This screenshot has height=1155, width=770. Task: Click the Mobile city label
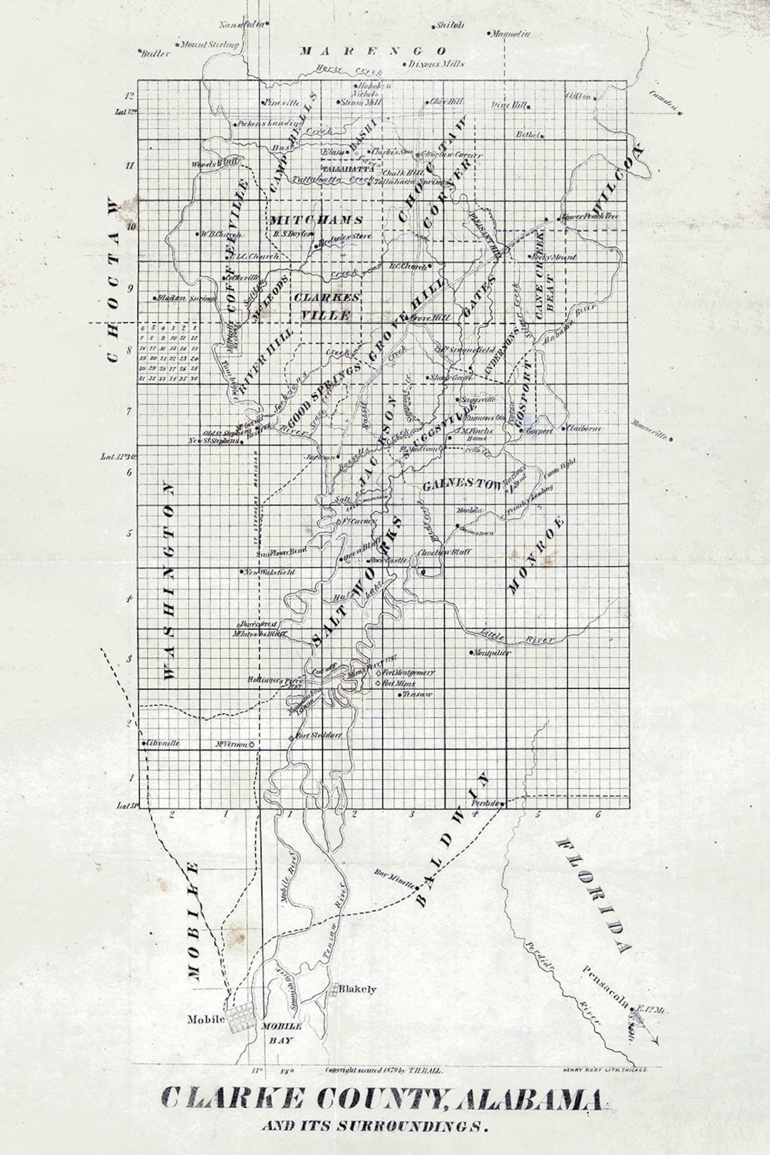click(205, 1020)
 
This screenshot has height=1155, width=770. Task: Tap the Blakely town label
click(357, 990)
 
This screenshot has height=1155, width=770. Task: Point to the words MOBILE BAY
click(282, 1032)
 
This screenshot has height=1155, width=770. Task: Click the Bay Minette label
click(394, 878)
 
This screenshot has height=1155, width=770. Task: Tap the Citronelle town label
click(163, 743)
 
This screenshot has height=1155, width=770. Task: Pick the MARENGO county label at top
click(373, 51)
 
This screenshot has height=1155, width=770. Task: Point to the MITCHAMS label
click(316, 220)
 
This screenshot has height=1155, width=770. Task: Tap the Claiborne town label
click(586, 428)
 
